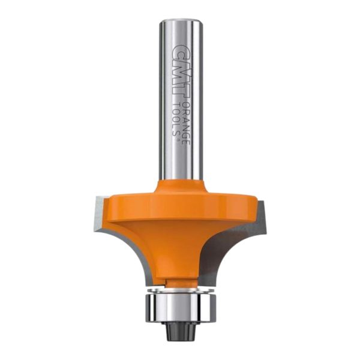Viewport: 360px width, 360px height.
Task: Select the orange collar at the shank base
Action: click(x=181, y=188)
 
